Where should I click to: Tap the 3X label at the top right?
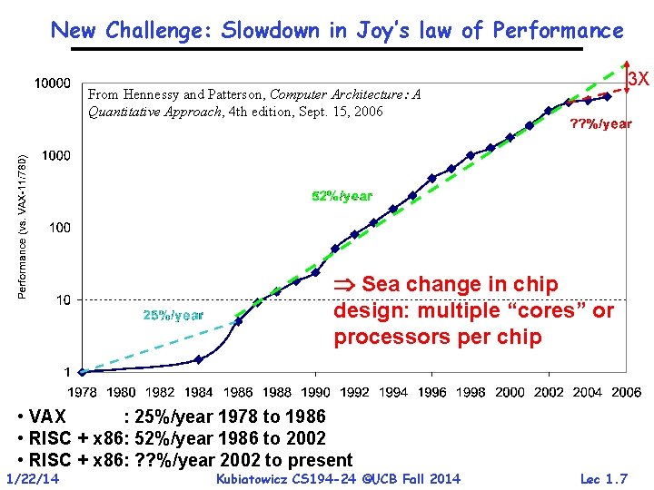coord(638,79)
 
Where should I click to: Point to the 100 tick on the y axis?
coord(60,227)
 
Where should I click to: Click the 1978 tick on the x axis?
coord(84,392)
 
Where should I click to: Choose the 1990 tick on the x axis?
coord(315,392)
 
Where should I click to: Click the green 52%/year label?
coord(342,196)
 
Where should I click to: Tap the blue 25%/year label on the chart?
coord(173,315)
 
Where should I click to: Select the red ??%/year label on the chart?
coord(599,123)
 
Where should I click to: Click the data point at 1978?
coord(83,371)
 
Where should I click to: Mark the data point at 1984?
coord(199,359)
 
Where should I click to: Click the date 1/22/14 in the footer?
coord(32,478)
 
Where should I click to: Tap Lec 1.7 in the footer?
coord(603,478)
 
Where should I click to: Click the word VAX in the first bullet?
coord(47,417)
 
